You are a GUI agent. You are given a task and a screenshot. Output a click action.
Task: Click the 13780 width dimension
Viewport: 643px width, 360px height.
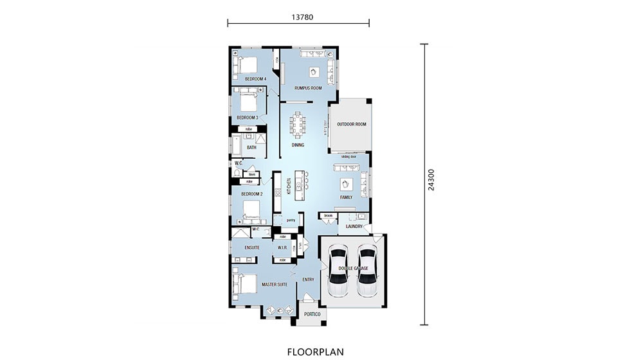click(298, 17)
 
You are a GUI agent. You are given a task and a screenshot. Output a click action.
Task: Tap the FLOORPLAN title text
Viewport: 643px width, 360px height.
click(315, 352)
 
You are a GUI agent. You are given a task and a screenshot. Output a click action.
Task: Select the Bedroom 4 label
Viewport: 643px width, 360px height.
click(255, 79)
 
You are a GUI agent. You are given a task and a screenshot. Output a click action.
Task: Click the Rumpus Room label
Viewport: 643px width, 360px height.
click(307, 88)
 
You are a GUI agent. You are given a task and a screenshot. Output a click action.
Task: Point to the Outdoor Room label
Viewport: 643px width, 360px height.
click(351, 124)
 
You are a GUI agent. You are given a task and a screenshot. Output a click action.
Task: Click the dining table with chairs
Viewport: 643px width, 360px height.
click(298, 124)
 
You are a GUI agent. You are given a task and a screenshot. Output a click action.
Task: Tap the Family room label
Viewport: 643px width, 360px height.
click(346, 197)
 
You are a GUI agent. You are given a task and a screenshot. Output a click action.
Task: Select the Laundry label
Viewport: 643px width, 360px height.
click(354, 226)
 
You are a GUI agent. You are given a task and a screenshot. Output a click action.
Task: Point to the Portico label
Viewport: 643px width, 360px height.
click(312, 314)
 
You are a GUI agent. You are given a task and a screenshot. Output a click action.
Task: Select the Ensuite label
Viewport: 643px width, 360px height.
click(252, 248)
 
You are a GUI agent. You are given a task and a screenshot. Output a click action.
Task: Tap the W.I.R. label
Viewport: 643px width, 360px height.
click(281, 248)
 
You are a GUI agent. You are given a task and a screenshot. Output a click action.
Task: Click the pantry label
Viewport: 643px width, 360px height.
click(282, 221)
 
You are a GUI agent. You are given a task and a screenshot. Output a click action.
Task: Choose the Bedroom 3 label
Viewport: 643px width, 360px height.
click(247, 118)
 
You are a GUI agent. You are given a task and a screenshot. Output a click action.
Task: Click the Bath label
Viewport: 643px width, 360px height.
click(251, 147)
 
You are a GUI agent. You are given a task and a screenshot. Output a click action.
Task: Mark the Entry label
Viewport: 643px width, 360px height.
click(309, 279)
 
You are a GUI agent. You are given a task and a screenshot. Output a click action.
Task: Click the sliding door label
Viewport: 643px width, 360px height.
click(349, 156)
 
